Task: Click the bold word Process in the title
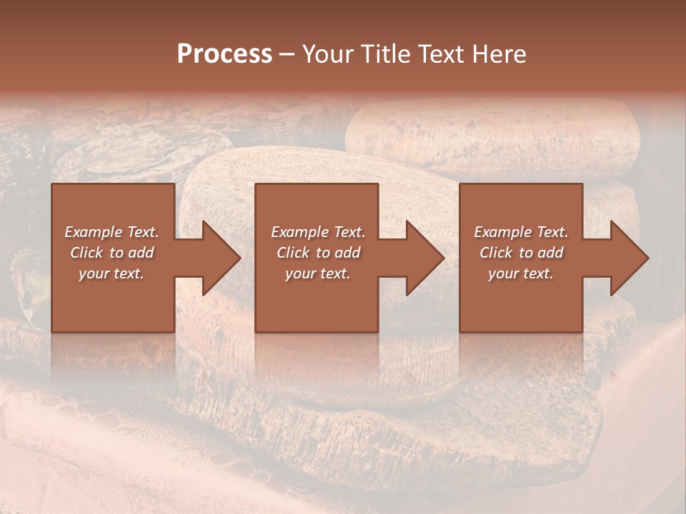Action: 224,54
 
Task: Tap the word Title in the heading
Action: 382,54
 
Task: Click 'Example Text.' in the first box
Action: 112,232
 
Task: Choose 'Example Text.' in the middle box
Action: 318,232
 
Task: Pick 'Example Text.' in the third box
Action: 521,232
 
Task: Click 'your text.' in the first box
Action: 111,273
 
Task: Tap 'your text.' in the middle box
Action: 317,273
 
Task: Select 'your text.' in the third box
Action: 520,273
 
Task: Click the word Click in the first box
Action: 86,253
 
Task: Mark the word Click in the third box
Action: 496,253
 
